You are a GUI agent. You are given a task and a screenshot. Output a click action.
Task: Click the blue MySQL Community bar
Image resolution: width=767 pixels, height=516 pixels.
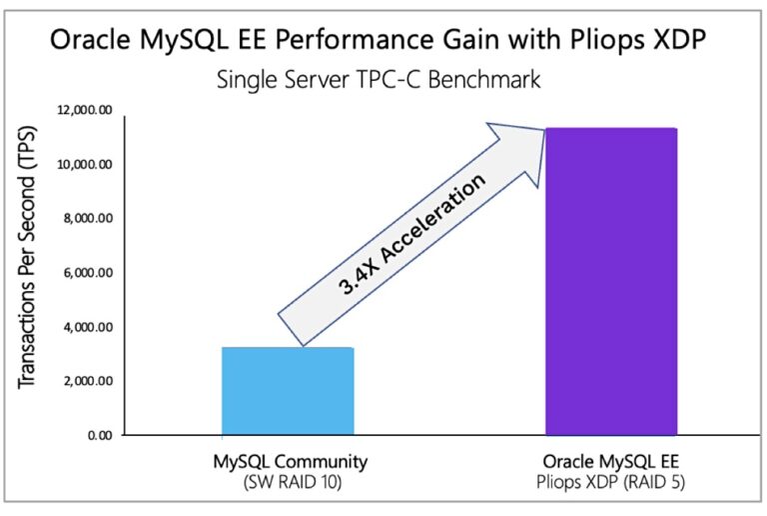[x=286, y=391]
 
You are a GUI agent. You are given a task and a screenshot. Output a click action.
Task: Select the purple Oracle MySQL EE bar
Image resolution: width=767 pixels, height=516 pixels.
[x=610, y=282]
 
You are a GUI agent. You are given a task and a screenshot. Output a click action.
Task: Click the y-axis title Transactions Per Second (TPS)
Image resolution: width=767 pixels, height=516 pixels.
[x=34, y=272]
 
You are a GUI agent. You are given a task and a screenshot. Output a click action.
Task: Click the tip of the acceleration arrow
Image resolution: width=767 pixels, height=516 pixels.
[x=540, y=129]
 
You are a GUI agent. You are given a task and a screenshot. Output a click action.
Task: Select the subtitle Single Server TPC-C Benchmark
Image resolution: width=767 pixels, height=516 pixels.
[x=379, y=79]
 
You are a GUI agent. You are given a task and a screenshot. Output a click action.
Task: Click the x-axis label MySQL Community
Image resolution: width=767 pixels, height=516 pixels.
[x=285, y=462]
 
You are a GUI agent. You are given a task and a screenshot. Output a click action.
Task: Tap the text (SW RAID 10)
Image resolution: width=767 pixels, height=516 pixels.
[x=285, y=482]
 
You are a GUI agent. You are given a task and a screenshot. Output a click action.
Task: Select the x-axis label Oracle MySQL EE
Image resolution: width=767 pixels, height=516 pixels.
[x=610, y=462]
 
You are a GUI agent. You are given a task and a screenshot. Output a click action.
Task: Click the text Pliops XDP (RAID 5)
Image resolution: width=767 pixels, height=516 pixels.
[x=610, y=482]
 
